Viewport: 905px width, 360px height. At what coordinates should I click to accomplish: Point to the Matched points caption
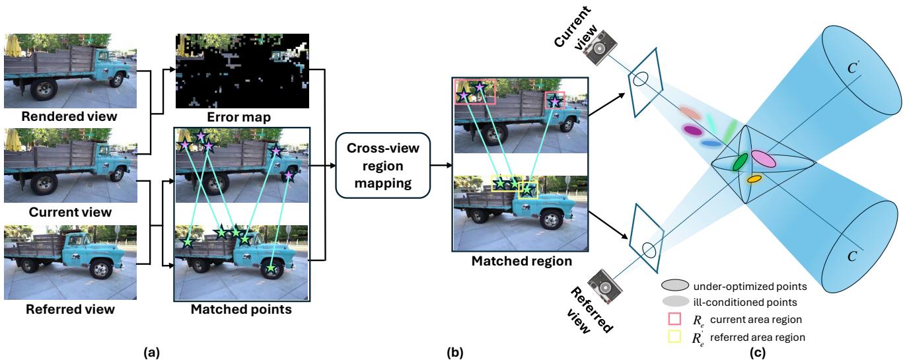click(x=241, y=309)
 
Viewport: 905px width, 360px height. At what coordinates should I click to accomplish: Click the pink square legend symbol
click(x=674, y=319)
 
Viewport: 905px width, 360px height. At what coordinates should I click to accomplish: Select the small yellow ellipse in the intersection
click(x=754, y=179)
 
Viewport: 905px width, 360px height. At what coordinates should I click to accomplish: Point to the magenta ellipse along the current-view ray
click(x=692, y=130)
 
